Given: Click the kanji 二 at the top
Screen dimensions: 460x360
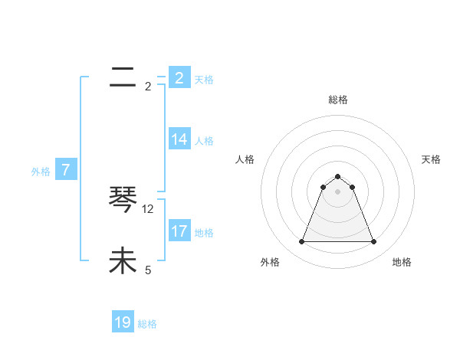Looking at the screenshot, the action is pos(123,77).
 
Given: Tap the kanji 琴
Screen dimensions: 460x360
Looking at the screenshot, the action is pos(123,201).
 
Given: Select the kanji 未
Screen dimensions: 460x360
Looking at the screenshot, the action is pos(123,262).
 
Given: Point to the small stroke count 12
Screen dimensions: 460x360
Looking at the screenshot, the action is pos(148,208).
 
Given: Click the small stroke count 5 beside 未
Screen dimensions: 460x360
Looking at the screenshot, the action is pos(148,270).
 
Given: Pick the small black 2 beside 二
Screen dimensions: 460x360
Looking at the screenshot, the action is pos(148,86).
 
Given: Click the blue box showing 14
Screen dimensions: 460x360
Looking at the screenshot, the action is pos(179,139).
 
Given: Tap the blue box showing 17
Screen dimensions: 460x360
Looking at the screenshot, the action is pos(179,231).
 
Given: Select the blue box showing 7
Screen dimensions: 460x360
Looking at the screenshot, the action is pos(66,171).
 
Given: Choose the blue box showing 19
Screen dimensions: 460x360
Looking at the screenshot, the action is pos(123,323).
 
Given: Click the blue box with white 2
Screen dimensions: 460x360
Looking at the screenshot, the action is pos(179,78).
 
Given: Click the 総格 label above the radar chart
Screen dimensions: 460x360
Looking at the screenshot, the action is pos(337,100).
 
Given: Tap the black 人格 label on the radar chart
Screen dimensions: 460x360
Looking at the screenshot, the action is pos(245,159).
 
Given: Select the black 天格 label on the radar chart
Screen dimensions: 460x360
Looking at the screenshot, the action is pos(431,159).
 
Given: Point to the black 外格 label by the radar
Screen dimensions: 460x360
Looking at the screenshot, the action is pos(269,262).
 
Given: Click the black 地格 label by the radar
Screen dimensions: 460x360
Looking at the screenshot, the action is pos(402,262).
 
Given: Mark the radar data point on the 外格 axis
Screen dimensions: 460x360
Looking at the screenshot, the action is pos(301,242).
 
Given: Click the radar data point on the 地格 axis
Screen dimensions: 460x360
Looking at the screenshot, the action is pos(373,242).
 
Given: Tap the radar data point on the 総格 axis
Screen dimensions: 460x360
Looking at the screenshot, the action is pos(337,175).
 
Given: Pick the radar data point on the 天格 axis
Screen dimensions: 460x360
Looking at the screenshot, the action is pos(352,187).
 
